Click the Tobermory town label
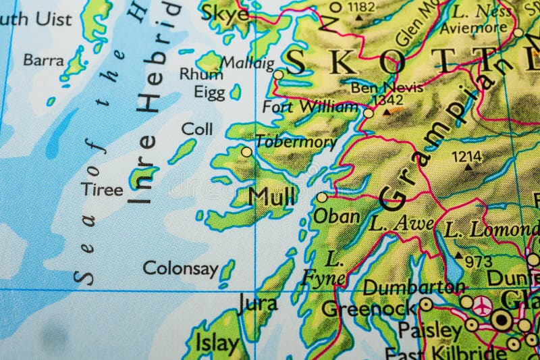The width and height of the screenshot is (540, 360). point(296,143)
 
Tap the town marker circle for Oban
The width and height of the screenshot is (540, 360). point(322,197)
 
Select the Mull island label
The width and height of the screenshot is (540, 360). point(271,197)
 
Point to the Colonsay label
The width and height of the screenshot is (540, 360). point(180,268)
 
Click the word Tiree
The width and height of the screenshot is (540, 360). point(103,190)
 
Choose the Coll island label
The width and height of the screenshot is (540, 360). point(197,128)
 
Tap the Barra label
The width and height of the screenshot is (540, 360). point(44,60)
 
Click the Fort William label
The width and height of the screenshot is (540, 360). point(310,107)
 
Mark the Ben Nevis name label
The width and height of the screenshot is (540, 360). point(387,87)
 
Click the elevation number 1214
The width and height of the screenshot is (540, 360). point(467,157)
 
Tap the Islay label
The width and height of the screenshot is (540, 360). point(217,343)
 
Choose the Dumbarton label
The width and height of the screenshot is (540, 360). point(414,287)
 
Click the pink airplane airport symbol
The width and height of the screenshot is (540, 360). point(482,305)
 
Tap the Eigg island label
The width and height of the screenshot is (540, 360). point(209,92)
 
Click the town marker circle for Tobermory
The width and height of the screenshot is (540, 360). point(246,152)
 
